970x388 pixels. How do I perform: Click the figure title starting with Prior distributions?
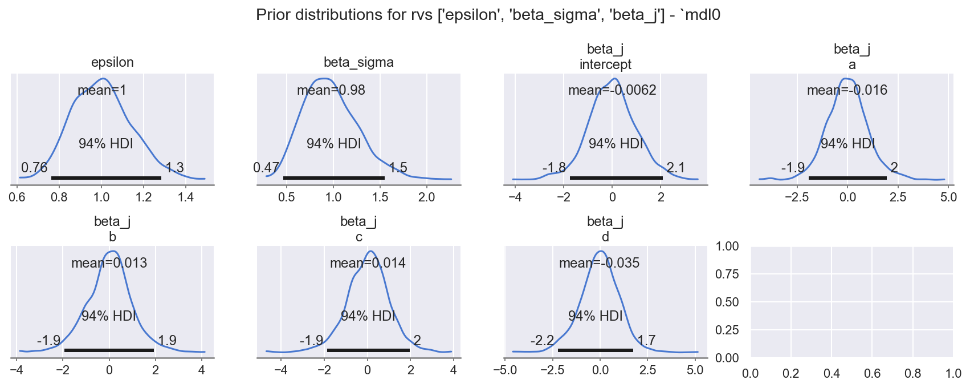tap(488, 15)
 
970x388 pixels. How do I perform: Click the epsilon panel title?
tap(112, 62)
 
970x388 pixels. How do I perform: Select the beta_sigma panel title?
tap(358, 62)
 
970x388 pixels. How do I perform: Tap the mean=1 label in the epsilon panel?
tap(102, 90)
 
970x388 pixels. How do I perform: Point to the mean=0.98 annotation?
tap(331, 90)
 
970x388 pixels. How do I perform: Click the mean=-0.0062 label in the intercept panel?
tap(612, 90)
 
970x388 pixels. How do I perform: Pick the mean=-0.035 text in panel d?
tap(599, 263)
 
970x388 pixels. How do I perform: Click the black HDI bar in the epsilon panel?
tap(106, 178)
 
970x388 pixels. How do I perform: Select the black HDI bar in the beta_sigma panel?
tap(334, 178)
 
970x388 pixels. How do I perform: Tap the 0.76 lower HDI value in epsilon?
tap(34, 168)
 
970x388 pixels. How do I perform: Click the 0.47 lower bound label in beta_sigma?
tap(266, 168)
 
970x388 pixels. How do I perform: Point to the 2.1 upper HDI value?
tap(675, 168)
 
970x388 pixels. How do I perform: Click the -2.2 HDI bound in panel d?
tap(542, 341)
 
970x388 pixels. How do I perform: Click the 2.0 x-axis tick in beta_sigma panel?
tap(427, 197)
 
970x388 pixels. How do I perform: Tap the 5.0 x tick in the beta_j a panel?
tap(948, 197)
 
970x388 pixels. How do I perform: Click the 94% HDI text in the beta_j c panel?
tap(368, 316)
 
